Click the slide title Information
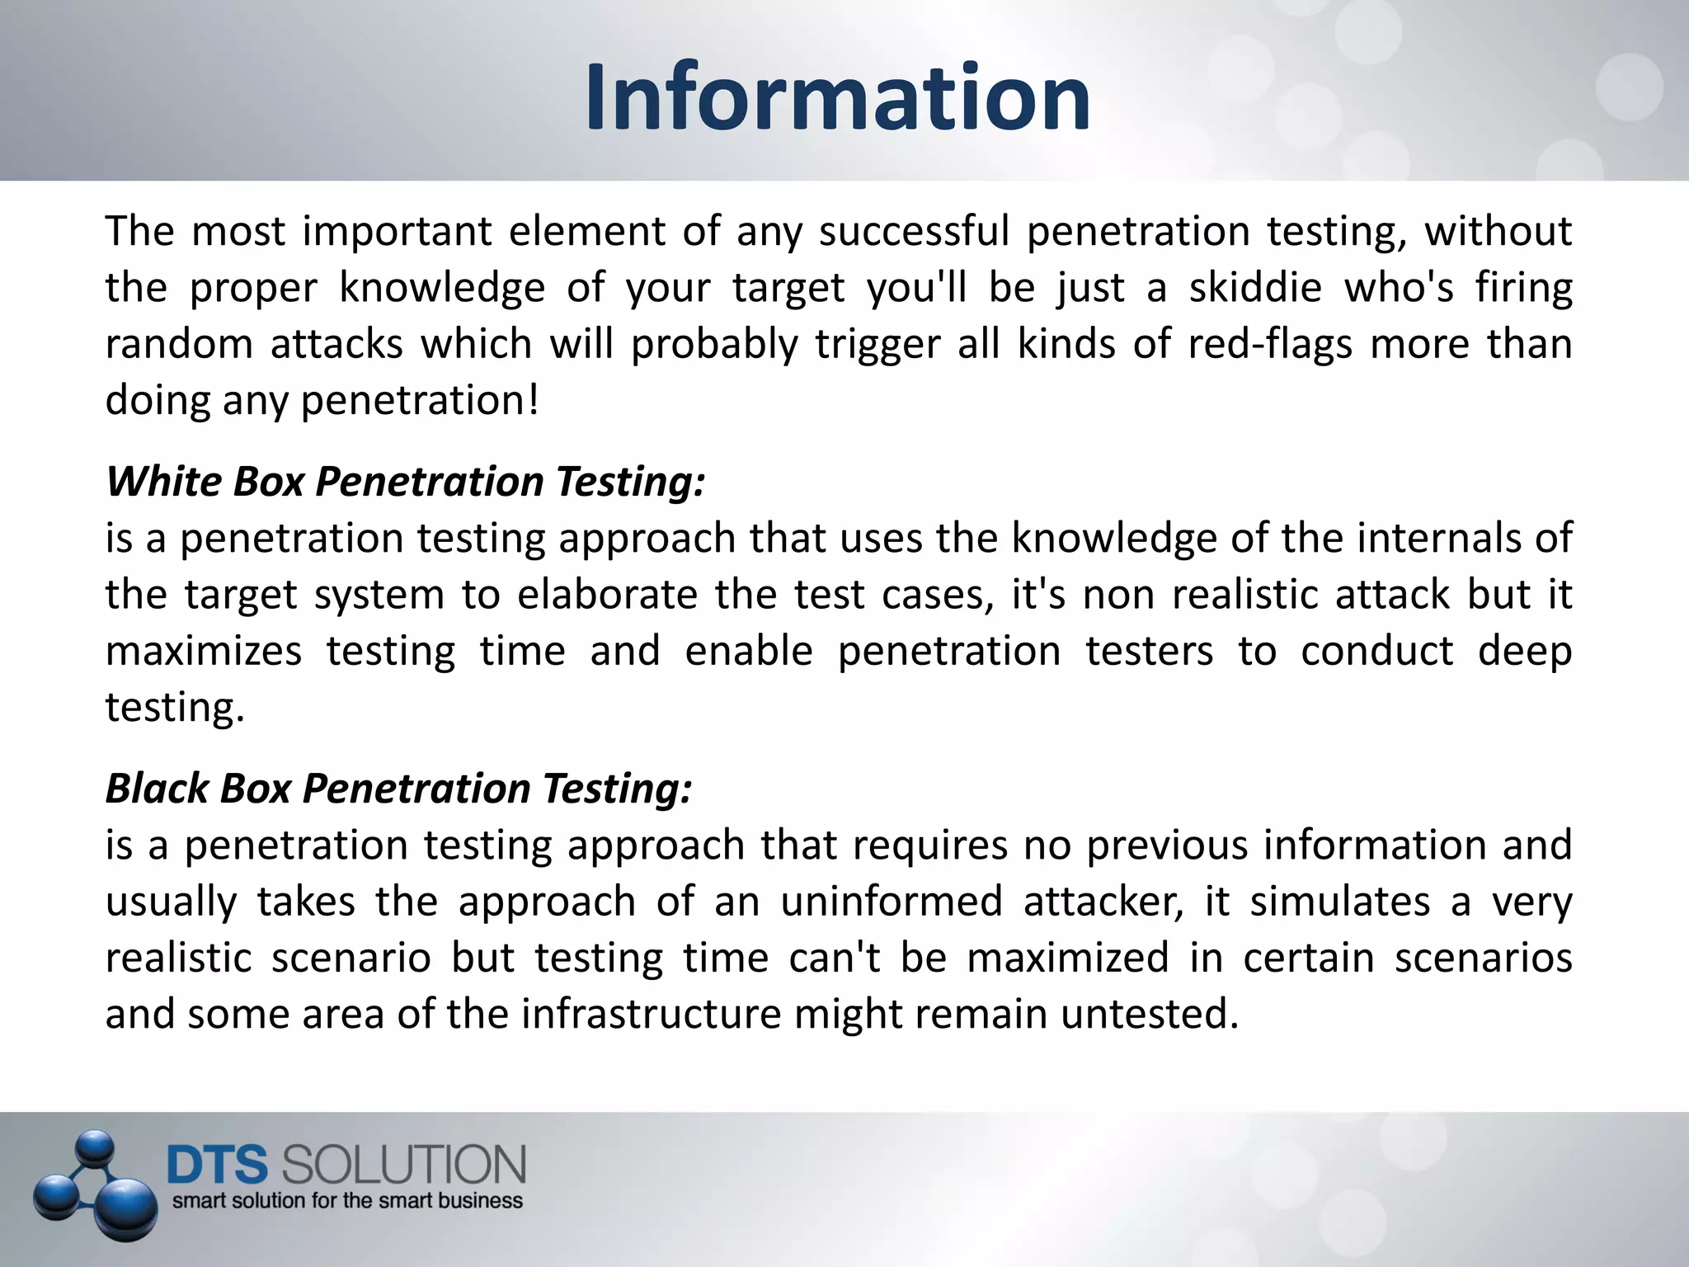tap(838, 97)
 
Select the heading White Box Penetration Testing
tap(406, 481)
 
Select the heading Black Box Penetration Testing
tap(398, 788)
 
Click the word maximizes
tap(204, 651)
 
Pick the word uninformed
tap(892, 902)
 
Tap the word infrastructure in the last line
tap(651, 1014)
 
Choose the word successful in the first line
tap(914, 232)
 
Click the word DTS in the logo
tap(218, 1166)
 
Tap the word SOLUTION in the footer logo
tap(403, 1166)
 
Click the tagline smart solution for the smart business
tap(347, 1201)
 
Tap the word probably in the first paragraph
tap(714, 344)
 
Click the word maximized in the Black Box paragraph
tap(1067, 958)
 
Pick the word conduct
tap(1376, 651)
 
